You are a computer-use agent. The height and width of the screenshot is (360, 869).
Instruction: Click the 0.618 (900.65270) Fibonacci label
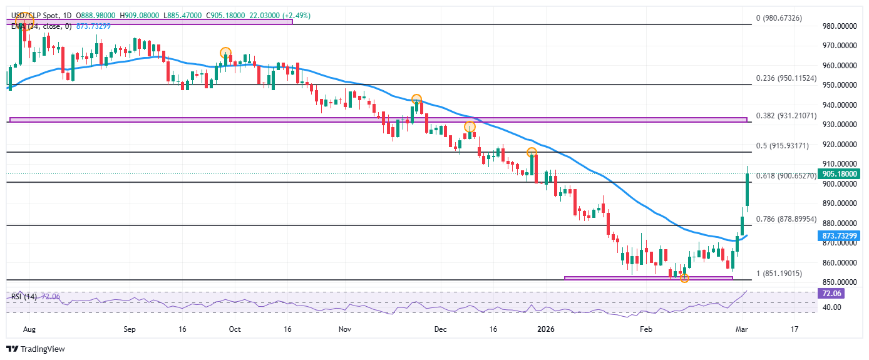786,176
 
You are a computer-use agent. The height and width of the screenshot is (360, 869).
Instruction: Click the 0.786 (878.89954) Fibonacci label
786,219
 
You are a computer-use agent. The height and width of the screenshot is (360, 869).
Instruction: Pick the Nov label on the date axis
344,329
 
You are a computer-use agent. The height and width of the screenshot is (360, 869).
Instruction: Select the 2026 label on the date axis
547,329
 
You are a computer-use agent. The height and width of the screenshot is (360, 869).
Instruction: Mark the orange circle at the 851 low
684,278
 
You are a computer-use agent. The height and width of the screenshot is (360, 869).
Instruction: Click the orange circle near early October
225,53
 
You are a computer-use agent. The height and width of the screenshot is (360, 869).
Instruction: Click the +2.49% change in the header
297,15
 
